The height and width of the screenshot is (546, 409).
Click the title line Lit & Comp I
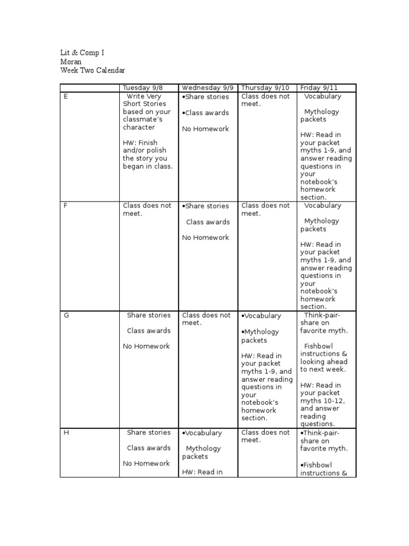pyautogui.click(x=81, y=53)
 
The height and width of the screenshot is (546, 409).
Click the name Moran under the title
pyautogui.click(x=71, y=62)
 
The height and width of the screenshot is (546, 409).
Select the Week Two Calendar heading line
pyautogui.click(x=93, y=70)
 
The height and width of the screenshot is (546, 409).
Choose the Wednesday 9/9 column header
pyautogui.click(x=208, y=88)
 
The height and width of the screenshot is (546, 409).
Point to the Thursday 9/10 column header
pyautogui.click(x=265, y=88)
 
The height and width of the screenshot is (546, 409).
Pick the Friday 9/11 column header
pyautogui.click(x=319, y=88)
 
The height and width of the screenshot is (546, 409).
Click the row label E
pyautogui.click(x=66, y=97)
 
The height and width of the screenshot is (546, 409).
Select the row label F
pyautogui.click(x=66, y=206)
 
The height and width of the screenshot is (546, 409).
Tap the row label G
pyautogui.click(x=66, y=315)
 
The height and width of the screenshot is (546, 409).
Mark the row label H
pyautogui.click(x=66, y=432)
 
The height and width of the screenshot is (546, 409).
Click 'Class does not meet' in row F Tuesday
pyautogui.click(x=147, y=210)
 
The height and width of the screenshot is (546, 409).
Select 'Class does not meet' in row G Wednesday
pyautogui.click(x=206, y=319)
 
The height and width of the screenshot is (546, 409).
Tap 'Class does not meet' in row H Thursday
pyautogui.click(x=265, y=436)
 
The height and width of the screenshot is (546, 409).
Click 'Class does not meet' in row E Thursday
pyautogui.click(x=265, y=100)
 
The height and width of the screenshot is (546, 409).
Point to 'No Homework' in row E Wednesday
pyautogui.click(x=205, y=129)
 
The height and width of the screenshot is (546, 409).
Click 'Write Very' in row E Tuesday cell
pyautogui.click(x=144, y=97)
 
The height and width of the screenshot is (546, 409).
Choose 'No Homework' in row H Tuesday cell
pyautogui.click(x=146, y=463)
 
